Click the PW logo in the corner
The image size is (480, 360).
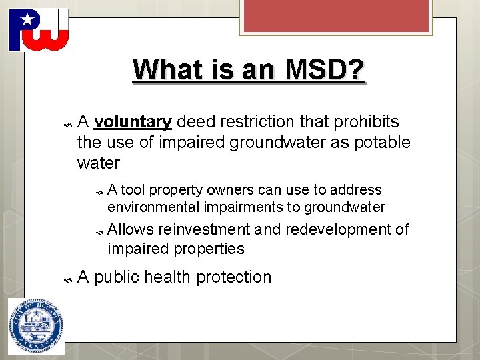[39, 30]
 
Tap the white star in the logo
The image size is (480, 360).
[27, 20]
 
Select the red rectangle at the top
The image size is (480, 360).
[336, 16]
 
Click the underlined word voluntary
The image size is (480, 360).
[133, 122]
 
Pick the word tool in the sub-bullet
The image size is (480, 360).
[133, 190]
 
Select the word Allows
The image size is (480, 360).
[131, 230]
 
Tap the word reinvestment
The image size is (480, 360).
[204, 230]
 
